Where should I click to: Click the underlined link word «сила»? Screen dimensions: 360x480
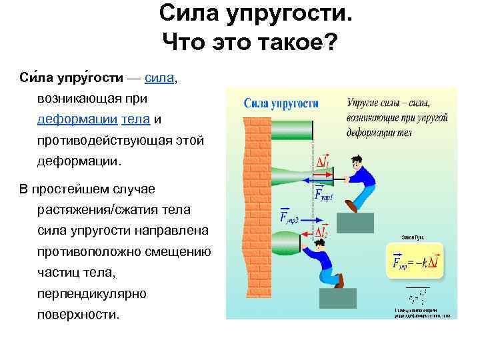159,78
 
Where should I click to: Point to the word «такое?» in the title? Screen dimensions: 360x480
299,42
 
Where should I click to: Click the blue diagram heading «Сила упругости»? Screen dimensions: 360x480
281,104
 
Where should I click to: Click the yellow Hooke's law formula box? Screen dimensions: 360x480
419,262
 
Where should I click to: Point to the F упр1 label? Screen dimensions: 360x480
323,194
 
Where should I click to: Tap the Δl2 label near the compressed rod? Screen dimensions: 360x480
321,233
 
